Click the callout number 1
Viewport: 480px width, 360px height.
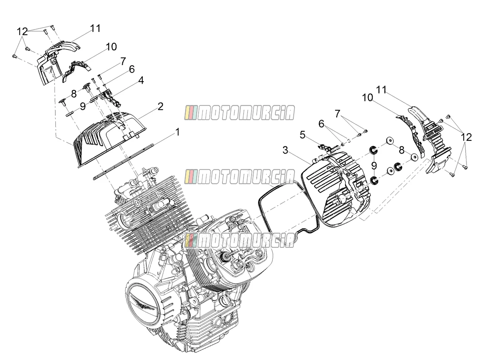pos(178,132)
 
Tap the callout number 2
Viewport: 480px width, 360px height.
pos(160,107)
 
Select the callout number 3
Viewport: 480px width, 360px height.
pos(285,150)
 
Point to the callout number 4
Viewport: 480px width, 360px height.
pos(141,80)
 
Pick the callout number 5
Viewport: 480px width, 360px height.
pos(302,135)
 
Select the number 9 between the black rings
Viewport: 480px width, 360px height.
pos(374,165)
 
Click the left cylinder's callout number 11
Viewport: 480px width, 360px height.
pos(96,28)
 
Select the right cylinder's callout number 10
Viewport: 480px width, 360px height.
pos(368,97)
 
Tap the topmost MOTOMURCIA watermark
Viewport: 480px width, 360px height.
pos(240,113)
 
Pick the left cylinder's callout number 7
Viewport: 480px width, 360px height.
pos(123,61)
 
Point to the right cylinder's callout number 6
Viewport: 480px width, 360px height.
pos(321,124)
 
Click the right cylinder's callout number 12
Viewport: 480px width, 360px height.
pos(466,138)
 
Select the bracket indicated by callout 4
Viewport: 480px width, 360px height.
pos(110,98)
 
